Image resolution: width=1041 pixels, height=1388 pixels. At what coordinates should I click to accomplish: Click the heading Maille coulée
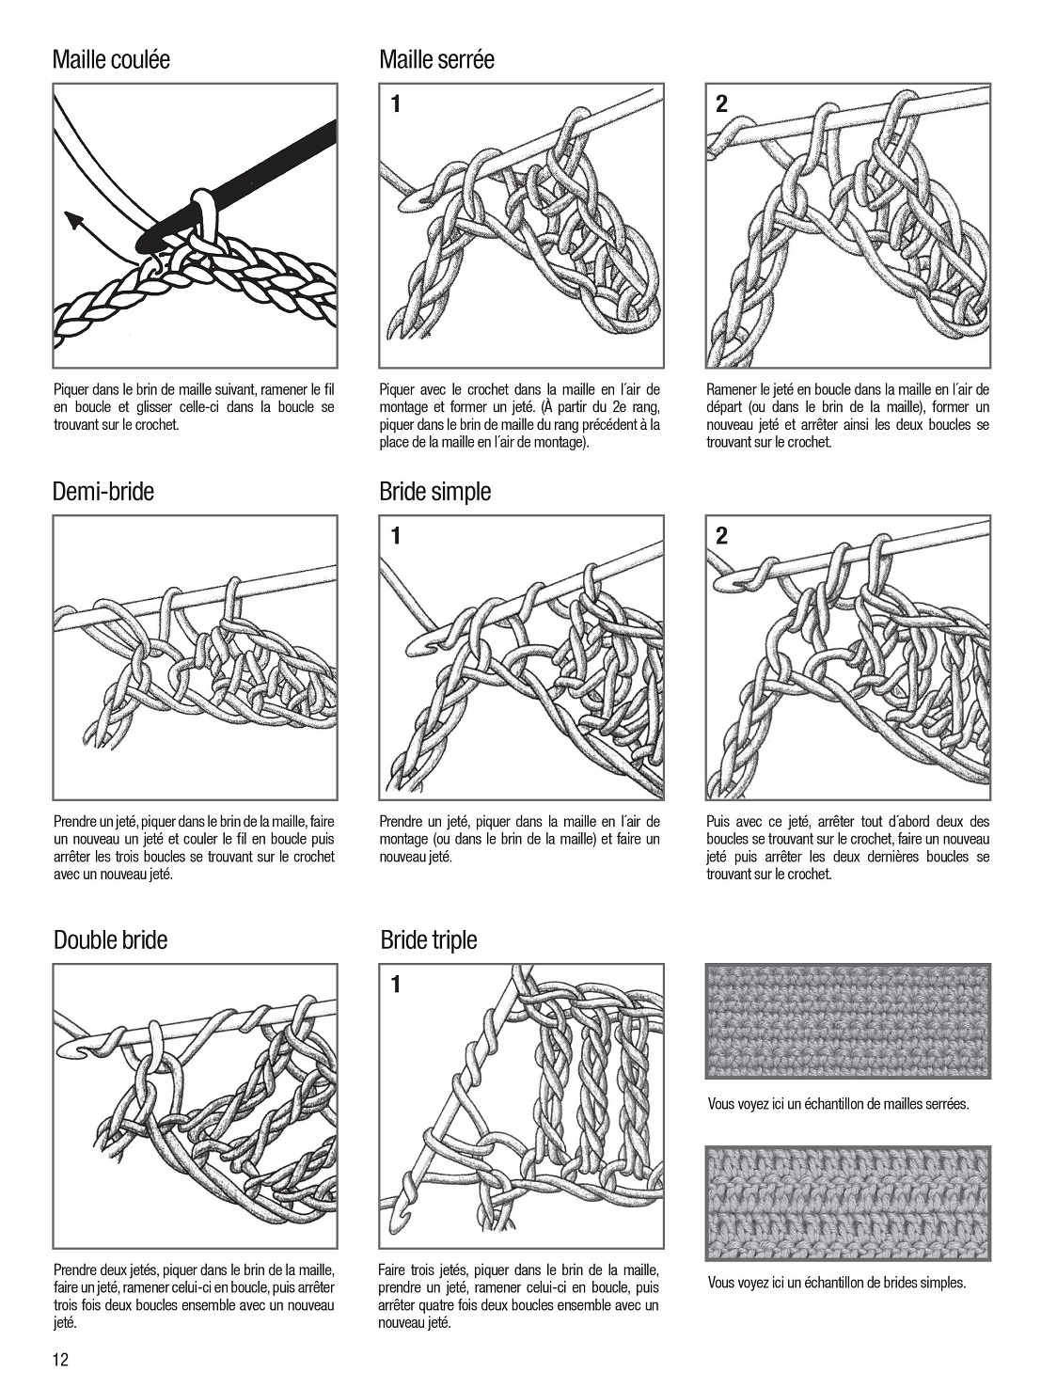(111, 59)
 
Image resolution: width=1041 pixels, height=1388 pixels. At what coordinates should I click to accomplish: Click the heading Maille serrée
(436, 59)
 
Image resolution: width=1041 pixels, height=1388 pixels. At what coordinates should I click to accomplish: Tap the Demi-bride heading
(103, 491)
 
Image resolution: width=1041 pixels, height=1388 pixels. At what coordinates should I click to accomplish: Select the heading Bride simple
(434, 491)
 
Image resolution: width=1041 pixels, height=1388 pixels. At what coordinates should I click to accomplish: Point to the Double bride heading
(110, 939)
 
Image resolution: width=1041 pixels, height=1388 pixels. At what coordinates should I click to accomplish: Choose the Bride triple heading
(428, 939)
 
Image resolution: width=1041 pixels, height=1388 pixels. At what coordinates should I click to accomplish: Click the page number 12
(62, 1360)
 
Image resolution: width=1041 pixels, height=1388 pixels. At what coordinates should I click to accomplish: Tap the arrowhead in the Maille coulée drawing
(72, 220)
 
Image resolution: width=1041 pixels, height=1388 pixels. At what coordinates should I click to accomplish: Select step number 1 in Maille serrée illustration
(396, 103)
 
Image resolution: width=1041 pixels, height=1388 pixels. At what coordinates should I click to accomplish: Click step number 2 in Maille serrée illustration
(721, 103)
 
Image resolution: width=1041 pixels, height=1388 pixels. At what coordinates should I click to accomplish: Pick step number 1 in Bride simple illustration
(396, 536)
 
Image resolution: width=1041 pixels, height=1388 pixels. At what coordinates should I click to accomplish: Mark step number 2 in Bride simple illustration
(721, 536)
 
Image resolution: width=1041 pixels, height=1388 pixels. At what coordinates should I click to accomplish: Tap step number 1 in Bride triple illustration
(396, 985)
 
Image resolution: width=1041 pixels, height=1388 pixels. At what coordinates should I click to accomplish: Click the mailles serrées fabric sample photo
(847, 1020)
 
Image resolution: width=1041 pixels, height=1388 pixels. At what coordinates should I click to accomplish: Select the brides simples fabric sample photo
(847, 1203)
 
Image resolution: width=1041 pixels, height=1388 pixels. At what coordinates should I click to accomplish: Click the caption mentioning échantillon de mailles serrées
(838, 1104)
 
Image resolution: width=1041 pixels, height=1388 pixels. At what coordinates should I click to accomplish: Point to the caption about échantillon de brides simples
(836, 1283)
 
